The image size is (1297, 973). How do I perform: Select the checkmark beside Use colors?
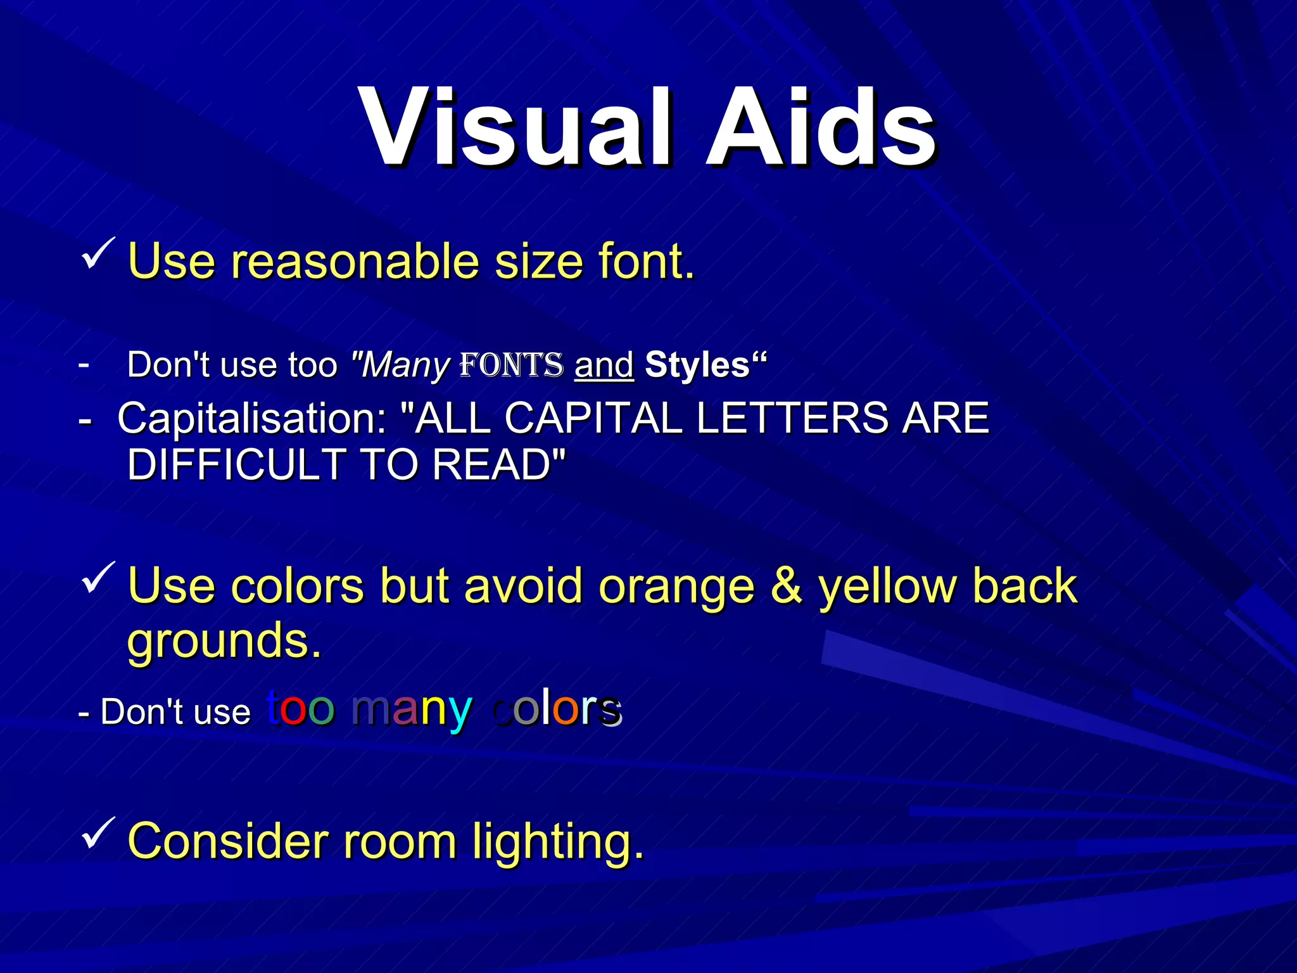point(98,578)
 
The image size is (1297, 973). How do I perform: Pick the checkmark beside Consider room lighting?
point(98,834)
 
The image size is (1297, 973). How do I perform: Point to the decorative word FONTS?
point(511,365)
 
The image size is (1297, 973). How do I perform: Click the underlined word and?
point(604,366)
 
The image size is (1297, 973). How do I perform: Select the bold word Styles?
point(697,365)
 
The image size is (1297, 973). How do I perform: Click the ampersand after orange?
point(786,585)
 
